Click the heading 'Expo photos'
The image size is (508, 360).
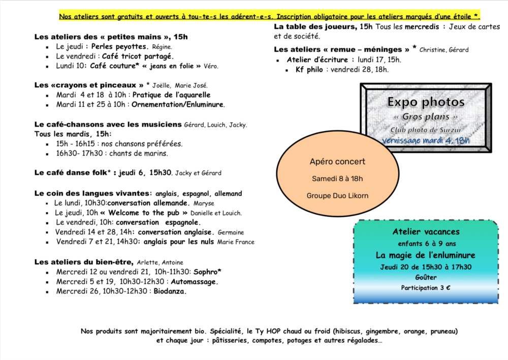(426, 102)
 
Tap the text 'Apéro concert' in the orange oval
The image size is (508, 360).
(337, 162)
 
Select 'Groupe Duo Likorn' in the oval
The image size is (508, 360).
(337, 195)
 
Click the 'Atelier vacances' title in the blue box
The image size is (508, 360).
(426, 232)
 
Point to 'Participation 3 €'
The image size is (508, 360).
(426, 288)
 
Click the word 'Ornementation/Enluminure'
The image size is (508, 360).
(177, 105)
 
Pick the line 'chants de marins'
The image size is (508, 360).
(138, 153)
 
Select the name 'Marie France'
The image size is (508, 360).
(236, 242)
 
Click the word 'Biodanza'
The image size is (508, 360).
(171, 291)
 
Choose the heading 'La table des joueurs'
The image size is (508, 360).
(315, 26)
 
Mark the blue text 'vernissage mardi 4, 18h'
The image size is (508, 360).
(426, 141)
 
